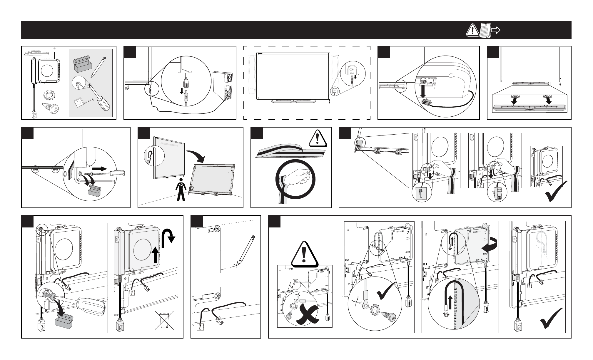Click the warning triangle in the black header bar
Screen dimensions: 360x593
(x=472, y=30)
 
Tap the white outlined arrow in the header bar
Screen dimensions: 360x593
(x=496, y=30)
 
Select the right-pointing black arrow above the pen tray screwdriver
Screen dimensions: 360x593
(x=100, y=169)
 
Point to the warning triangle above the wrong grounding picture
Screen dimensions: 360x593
(x=304, y=254)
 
